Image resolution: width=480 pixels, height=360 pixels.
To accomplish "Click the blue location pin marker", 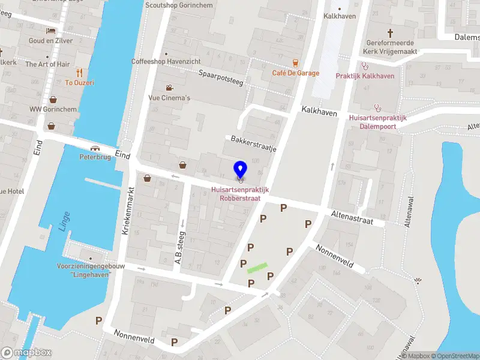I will [241, 169].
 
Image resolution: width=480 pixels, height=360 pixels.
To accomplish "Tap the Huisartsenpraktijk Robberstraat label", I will [239, 194].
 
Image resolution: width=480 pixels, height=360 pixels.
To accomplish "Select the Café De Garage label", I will [295, 73].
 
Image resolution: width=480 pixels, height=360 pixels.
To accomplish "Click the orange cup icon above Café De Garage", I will [295, 63].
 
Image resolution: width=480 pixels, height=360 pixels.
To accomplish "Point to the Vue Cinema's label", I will [169, 98].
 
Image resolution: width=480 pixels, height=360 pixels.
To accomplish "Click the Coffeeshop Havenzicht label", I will [166, 61].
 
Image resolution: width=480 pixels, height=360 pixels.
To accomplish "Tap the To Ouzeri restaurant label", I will [79, 83].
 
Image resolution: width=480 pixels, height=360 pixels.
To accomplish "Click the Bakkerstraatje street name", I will [253, 144].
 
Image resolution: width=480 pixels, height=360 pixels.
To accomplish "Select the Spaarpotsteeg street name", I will [221, 77].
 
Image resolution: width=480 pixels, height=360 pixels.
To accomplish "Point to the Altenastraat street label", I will [352, 217].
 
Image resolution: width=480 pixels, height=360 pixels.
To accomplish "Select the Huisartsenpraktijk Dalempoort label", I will [377, 122].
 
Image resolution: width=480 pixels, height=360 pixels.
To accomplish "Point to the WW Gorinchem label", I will [53, 109].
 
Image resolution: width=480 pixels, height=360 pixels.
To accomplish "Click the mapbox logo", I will [26, 353].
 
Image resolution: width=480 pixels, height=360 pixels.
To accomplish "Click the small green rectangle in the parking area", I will [257, 268].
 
